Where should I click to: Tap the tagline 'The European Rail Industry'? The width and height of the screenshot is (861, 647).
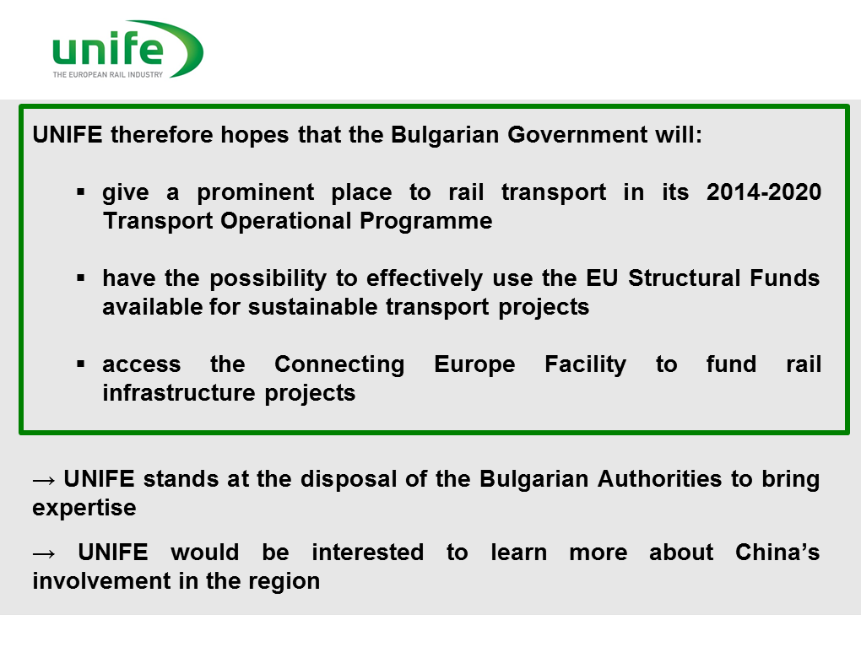pos(108,74)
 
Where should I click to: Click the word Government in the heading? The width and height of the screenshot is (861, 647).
pos(577,134)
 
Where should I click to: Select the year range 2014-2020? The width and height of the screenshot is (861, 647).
pos(764,191)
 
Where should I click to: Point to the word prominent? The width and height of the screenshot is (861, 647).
pos(255,193)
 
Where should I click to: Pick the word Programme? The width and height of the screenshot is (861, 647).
pos(426,222)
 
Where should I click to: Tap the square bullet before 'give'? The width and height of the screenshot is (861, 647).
pos(81,192)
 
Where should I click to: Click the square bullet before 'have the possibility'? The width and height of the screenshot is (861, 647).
pos(81,278)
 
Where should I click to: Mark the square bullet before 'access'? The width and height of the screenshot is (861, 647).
pos(81,364)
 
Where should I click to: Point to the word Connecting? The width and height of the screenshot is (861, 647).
pos(339,365)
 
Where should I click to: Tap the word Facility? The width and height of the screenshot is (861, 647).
pos(585,365)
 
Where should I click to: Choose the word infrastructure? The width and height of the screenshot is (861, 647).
pos(179,393)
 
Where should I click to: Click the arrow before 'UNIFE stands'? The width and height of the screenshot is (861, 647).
pos(44,481)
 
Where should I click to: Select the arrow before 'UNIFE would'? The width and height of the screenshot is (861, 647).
pos(44,554)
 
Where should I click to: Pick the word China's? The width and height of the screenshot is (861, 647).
pos(777,552)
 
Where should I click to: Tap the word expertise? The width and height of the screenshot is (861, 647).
pos(84,508)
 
